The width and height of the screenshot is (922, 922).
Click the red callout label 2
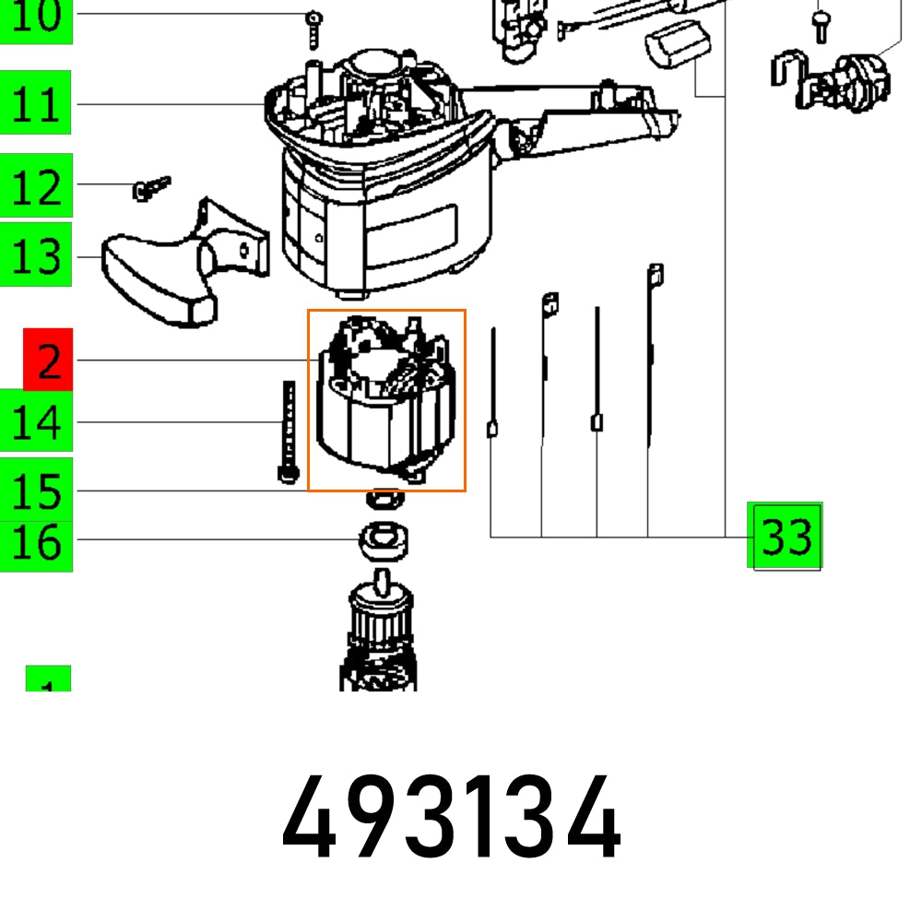[48, 361]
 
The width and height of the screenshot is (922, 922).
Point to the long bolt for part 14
[287, 429]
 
